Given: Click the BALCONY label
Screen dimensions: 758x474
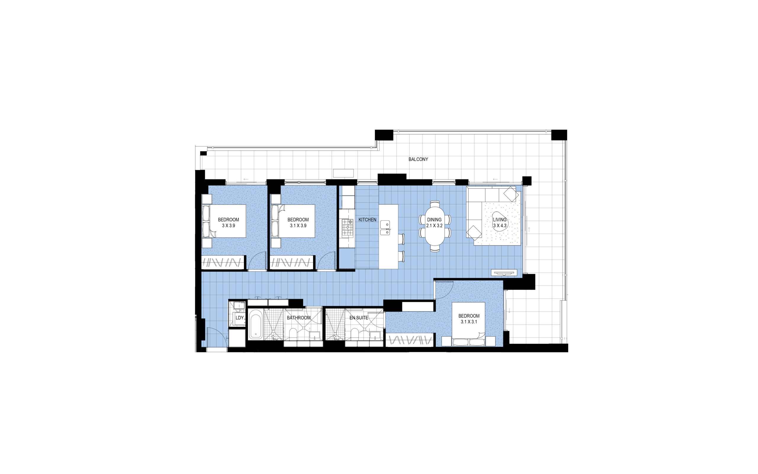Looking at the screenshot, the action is (418, 159).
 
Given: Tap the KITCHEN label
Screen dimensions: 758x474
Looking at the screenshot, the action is (367, 220).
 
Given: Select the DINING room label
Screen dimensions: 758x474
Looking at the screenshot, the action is (434, 220).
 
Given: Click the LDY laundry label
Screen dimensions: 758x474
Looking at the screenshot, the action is (240, 318).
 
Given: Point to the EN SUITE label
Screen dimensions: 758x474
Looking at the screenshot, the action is (359, 318).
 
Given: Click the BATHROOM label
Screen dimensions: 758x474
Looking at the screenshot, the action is (299, 318).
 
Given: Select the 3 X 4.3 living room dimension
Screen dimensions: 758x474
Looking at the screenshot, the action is (500, 226).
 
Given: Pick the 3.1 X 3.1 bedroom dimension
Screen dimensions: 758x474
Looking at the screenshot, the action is (469, 322).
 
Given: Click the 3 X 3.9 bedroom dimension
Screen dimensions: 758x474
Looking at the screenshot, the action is (229, 226).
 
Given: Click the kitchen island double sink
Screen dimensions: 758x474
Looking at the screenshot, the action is (385, 228).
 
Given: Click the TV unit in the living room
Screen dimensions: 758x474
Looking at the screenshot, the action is (504, 272).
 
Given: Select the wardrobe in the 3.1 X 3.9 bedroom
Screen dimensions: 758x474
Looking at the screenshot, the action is (292, 262).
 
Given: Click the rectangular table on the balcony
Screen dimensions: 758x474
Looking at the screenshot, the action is (343, 173).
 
